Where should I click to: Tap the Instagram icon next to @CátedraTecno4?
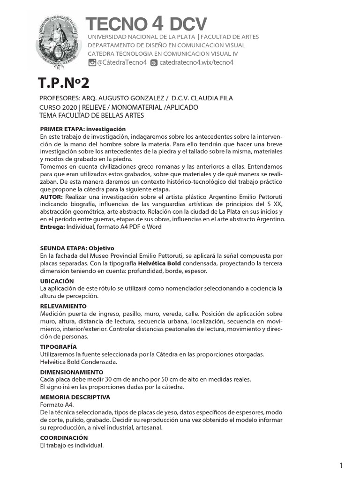click(92, 62)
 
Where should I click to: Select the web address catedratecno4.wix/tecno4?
click(196, 62)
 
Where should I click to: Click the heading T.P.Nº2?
click(63, 83)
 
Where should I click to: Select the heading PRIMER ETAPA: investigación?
click(83, 129)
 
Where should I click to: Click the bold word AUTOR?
click(52, 196)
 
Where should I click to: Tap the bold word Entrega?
click(52, 226)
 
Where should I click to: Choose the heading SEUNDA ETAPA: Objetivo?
click(77, 248)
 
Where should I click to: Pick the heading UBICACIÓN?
click(57, 281)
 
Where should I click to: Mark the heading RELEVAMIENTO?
click(63, 306)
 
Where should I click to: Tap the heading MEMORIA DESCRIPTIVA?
click(75, 397)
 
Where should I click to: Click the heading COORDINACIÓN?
click(64, 437)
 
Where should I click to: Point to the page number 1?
click(342, 465)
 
